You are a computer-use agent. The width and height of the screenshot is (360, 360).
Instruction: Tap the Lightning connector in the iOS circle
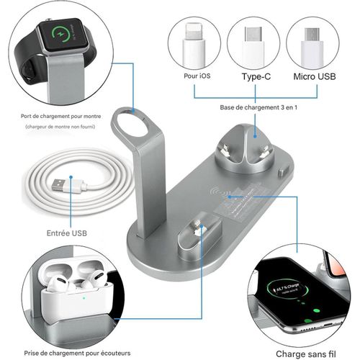click(x=194, y=44)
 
